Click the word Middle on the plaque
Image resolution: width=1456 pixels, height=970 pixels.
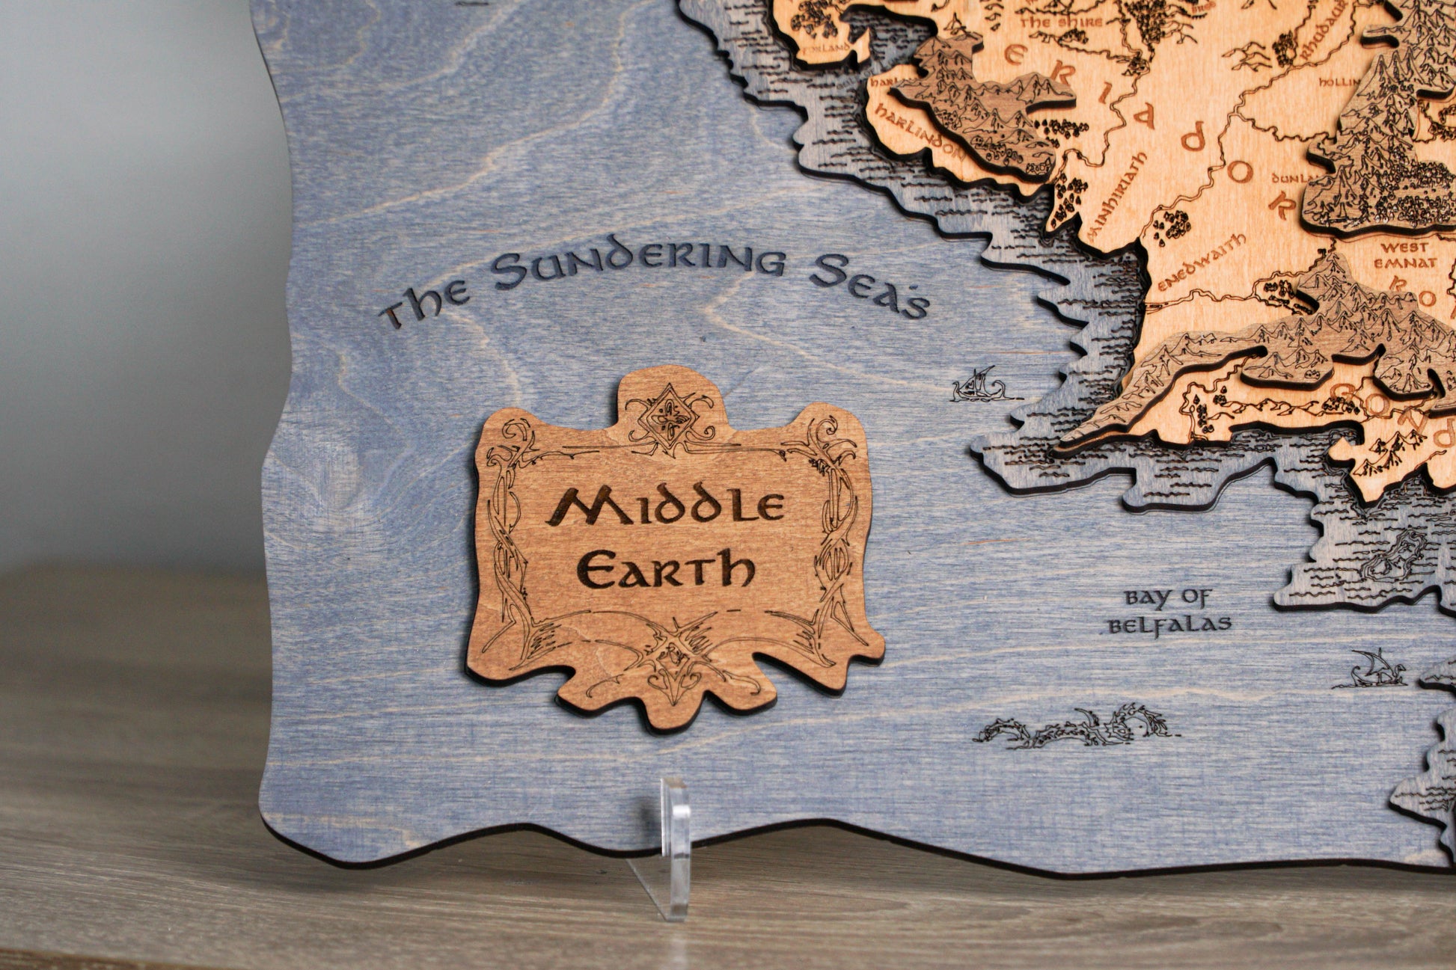666,507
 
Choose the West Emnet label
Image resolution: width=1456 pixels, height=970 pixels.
1407,254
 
